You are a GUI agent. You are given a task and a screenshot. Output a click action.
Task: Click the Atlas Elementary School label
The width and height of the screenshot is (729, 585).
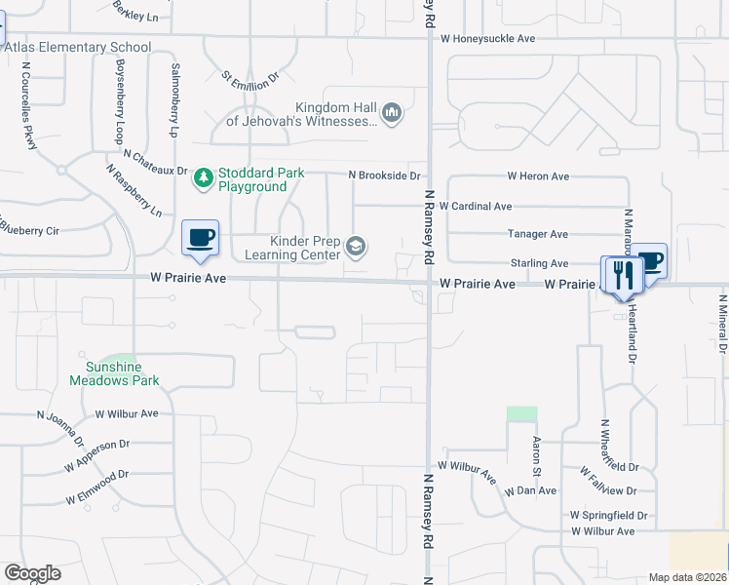[78, 47]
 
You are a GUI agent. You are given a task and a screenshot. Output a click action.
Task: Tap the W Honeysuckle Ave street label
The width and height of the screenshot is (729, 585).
[488, 39]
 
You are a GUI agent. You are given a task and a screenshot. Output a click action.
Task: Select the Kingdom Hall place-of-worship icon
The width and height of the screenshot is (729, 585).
[392, 114]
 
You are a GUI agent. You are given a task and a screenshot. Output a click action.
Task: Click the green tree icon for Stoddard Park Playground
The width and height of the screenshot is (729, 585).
[203, 177]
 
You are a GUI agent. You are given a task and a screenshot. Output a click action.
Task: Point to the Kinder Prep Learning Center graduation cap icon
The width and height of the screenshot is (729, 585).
[356, 247]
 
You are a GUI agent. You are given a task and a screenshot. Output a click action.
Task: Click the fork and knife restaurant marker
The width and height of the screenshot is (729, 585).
[621, 275]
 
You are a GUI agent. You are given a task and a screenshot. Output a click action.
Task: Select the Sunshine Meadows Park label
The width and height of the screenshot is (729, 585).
[114, 373]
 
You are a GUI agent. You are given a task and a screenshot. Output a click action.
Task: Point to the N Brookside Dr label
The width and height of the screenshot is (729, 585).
[385, 175]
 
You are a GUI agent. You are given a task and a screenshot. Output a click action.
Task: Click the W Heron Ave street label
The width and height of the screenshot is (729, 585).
[538, 176]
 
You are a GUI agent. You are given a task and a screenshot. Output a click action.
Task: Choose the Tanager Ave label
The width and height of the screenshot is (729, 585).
[538, 234]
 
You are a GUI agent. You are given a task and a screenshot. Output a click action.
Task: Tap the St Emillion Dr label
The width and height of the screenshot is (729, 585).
[250, 75]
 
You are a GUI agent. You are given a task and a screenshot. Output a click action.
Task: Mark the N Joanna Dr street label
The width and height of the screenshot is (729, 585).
[57, 424]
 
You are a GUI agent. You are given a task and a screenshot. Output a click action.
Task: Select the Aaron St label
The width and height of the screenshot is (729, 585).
[535, 450]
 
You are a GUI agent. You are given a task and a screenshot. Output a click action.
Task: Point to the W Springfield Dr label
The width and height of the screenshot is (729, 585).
[609, 515]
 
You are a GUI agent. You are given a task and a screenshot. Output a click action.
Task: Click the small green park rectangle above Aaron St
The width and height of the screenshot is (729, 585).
[521, 413]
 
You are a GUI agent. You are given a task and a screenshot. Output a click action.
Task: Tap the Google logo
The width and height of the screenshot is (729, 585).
[32, 572]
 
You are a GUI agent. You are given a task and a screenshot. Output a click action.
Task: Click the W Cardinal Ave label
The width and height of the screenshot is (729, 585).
[475, 207]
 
